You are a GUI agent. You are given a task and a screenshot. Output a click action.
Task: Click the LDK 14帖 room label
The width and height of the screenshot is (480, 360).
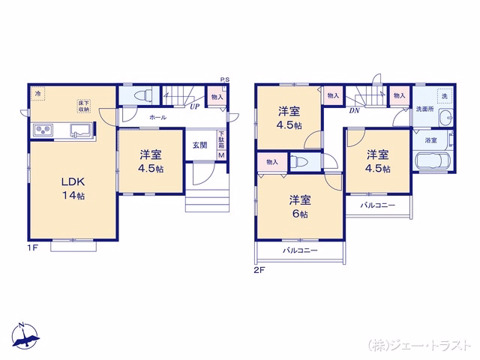[x=73, y=188]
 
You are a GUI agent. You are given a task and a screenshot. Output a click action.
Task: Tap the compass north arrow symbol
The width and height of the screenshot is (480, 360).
[x=25, y=335]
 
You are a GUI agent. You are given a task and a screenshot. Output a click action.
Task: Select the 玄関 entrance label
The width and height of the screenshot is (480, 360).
[x=200, y=145]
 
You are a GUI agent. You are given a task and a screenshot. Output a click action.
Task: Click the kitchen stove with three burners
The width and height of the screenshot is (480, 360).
[x=43, y=130]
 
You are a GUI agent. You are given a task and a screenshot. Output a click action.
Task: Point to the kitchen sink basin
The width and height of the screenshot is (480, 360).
[x=81, y=130]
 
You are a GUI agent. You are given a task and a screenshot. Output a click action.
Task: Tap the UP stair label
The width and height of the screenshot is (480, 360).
[x=195, y=106]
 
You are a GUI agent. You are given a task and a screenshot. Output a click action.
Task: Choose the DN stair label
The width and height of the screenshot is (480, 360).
[x=354, y=110]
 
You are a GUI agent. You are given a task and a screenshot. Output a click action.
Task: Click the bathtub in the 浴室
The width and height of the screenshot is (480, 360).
[x=433, y=160]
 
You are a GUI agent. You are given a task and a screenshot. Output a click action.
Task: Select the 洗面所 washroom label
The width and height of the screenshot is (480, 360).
[x=425, y=109]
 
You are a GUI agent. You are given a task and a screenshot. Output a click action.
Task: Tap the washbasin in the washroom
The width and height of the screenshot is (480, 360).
[x=445, y=118]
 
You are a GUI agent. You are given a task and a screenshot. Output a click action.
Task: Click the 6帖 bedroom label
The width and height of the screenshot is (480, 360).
[x=300, y=207]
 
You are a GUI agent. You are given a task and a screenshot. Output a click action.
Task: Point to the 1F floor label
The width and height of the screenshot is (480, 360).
[x=33, y=247]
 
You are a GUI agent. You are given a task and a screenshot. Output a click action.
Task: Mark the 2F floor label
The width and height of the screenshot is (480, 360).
[x=259, y=270]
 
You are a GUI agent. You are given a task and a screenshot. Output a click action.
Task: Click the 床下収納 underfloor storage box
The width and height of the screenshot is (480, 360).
[x=83, y=106]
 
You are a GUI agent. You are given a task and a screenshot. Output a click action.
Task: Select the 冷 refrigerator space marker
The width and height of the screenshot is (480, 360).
[x=37, y=93]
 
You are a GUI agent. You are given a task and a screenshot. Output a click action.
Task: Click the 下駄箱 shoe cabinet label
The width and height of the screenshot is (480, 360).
[x=221, y=140]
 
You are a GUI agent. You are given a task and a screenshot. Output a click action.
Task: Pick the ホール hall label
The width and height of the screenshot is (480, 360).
[x=158, y=118]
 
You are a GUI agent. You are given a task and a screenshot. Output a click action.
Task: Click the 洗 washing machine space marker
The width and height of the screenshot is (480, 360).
[x=445, y=96]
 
